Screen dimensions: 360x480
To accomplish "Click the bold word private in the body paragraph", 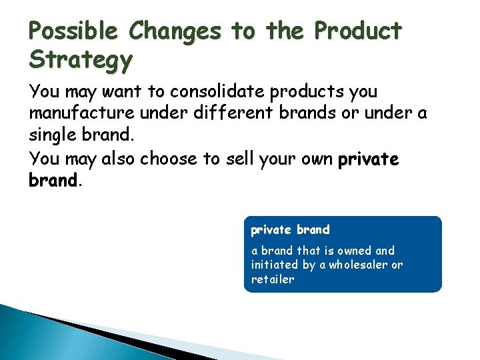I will click(x=368, y=159).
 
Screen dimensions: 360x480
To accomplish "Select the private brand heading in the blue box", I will click(x=290, y=230).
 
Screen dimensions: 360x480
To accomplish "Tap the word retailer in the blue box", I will click(x=272, y=280).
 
